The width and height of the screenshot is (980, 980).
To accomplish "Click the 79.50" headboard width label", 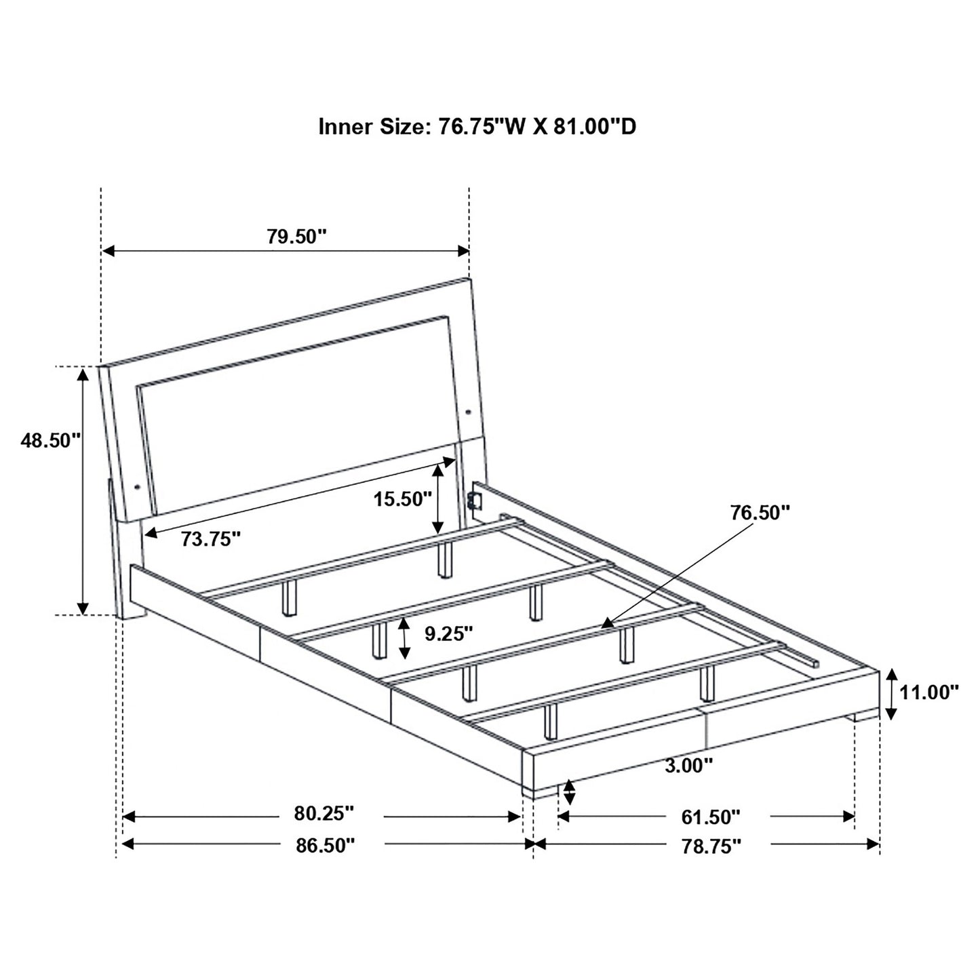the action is (x=296, y=237).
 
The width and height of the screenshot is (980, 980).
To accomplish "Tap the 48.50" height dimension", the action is (x=52, y=440).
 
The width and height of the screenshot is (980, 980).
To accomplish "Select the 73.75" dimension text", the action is (x=211, y=539).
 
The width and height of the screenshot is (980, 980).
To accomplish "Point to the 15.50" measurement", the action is (x=403, y=499).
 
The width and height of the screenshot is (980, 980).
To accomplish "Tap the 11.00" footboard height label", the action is (x=929, y=692).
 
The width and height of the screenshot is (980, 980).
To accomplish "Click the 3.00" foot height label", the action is (x=689, y=780).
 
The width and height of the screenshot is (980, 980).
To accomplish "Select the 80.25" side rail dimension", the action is (x=324, y=813).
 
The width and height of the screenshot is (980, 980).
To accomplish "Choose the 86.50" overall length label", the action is (x=324, y=846).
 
